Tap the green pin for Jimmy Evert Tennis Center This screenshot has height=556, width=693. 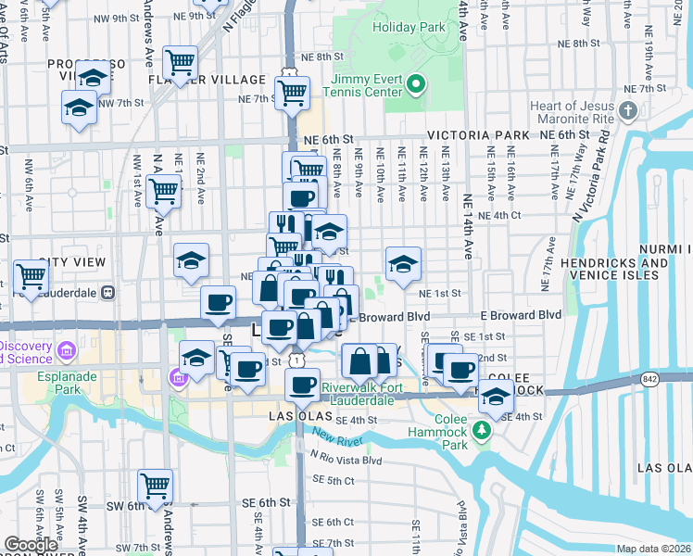416,86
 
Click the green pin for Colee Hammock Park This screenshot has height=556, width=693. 481,430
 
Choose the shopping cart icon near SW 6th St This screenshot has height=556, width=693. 155,485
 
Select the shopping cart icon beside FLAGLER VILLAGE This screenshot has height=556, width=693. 180,63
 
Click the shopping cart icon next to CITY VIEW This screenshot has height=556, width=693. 31,275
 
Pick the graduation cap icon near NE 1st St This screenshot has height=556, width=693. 403,263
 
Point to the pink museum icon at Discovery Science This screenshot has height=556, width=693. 66,351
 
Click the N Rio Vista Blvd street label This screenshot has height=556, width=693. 347,461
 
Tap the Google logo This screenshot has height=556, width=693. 30,546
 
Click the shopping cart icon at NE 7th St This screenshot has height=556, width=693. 293,92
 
